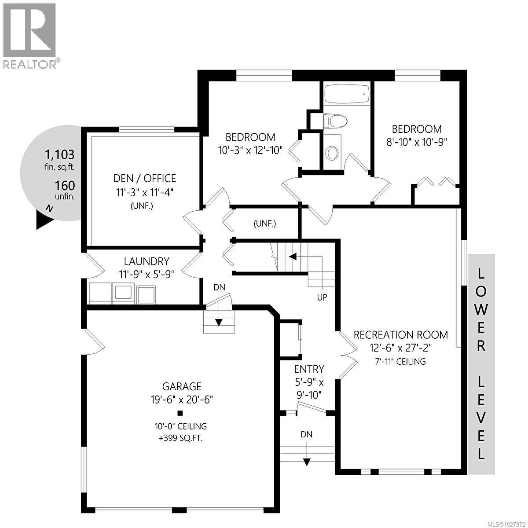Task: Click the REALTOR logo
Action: [29, 35]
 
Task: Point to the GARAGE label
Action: [182, 386]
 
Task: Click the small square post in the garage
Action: [180, 413]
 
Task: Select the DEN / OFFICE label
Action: [145, 178]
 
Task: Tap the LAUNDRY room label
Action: [146, 261]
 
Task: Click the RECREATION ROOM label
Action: [401, 335]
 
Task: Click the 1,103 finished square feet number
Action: [60, 155]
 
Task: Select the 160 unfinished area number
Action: [65, 186]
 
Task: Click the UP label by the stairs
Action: [322, 297]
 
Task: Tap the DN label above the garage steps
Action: [219, 287]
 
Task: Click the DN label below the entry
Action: [307, 434]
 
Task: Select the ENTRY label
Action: [309, 369]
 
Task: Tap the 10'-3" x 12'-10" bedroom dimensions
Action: [250, 150]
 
